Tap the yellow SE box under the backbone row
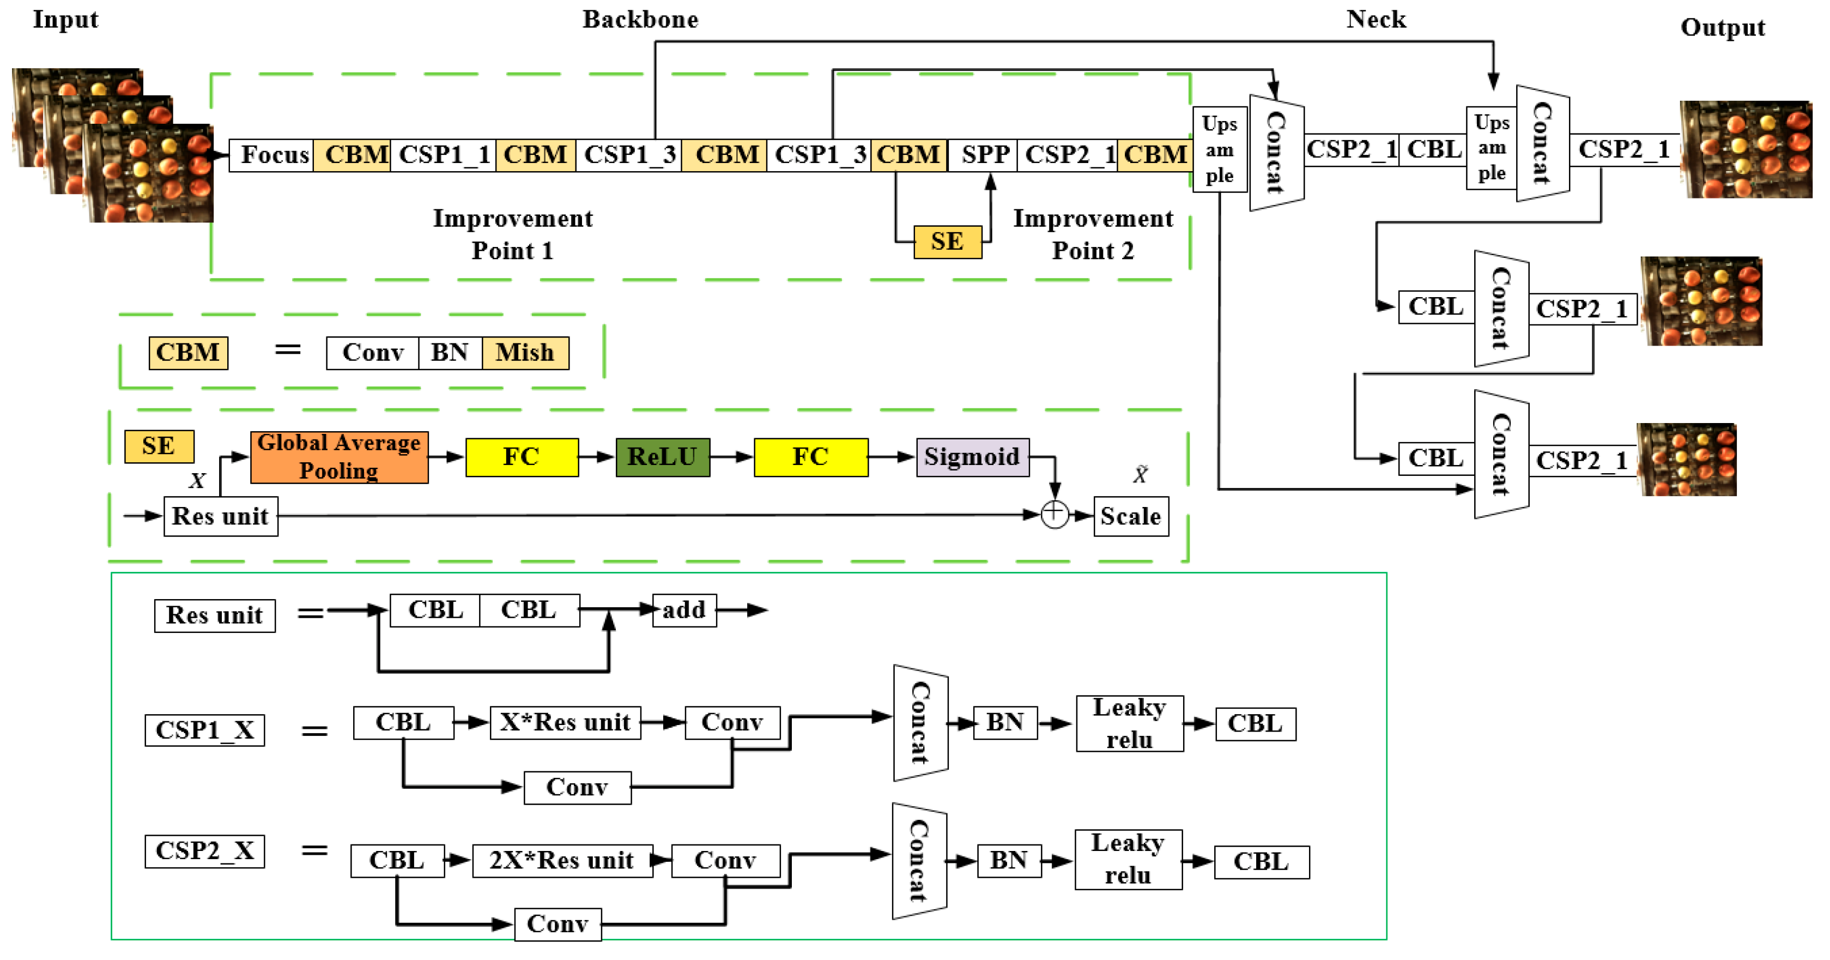coord(948,241)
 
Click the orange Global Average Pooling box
coord(339,457)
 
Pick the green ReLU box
coord(662,457)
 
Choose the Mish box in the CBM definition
coord(525,353)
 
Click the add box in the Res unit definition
coord(684,611)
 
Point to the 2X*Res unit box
coord(562,861)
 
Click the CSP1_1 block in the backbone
coord(443,154)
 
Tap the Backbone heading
coord(640,19)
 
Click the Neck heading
coord(1376,19)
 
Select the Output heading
coord(1723,28)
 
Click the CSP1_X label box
coord(204,730)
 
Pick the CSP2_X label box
coord(204,852)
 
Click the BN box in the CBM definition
coord(450,353)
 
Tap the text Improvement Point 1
coord(513,234)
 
